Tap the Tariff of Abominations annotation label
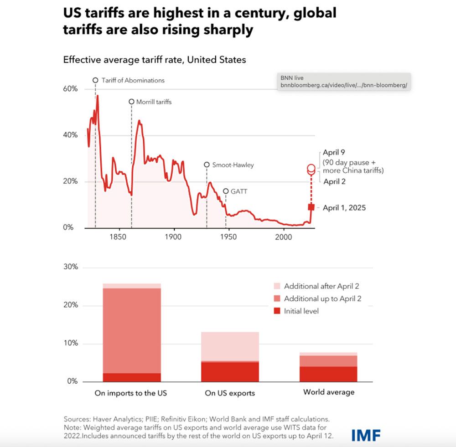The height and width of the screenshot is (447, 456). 133,80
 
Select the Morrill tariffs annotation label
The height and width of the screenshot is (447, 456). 154,102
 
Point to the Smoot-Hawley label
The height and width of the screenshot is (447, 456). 233,165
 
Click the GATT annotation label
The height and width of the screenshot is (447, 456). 239,191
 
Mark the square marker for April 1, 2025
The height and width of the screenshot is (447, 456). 311,207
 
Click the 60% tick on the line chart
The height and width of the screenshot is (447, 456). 70,89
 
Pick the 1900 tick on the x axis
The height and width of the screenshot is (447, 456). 173,237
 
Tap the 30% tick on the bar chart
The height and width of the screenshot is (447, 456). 70,267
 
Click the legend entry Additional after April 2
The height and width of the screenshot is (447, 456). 321,286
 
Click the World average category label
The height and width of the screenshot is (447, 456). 328,392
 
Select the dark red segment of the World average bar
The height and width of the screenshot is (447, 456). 328,374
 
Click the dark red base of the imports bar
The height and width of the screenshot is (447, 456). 132,377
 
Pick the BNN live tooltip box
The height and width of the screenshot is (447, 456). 344,82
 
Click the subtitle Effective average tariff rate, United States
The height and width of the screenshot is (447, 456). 155,60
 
